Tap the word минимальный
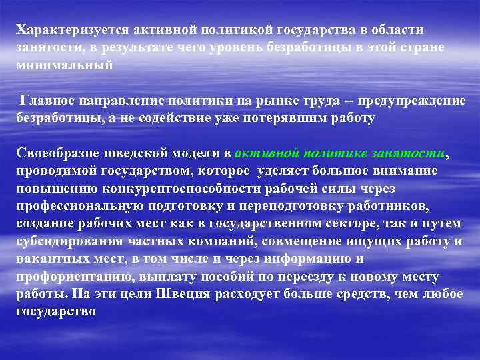point(65,65)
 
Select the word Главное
point(49,101)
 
